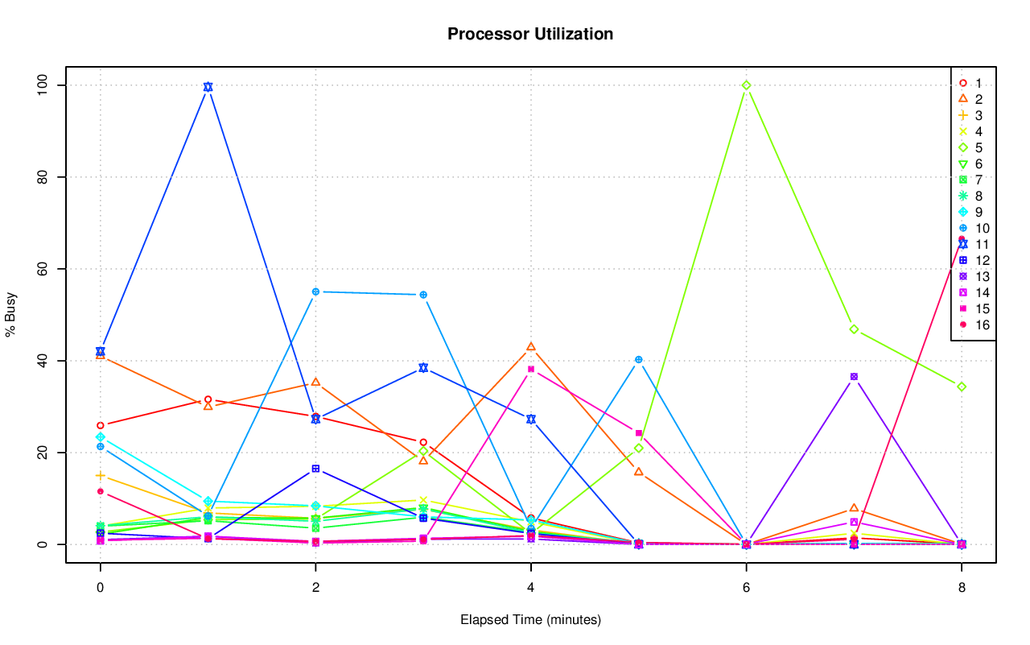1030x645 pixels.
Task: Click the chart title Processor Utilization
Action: (530, 34)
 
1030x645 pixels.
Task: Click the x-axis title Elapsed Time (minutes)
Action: (530, 620)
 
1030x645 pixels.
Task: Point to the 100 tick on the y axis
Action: (43, 85)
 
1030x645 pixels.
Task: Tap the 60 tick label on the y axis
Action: (43, 268)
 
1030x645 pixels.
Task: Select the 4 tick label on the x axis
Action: (530, 588)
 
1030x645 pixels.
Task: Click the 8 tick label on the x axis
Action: (962, 588)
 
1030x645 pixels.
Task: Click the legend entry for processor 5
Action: (970, 147)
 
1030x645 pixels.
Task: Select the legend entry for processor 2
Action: (970, 99)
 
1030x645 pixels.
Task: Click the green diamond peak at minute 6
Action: (746, 85)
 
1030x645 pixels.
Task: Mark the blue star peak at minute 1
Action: (208, 87)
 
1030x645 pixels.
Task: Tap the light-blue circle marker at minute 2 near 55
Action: (315, 291)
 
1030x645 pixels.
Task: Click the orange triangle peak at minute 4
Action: (530, 347)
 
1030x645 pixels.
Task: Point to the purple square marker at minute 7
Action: (854, 377)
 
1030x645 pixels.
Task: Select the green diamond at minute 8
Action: (962, 387)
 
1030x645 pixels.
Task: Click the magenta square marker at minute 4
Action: (530, 369)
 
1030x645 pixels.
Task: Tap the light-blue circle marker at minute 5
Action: (638, 359)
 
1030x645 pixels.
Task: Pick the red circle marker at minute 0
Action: (100, 425)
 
